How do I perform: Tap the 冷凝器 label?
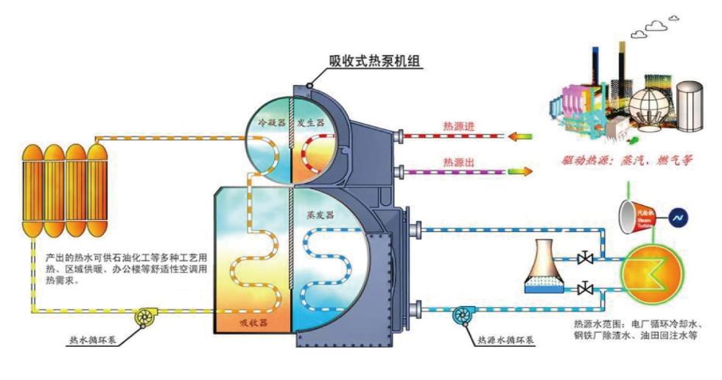(x=271, y=122)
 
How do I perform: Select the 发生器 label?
(x=312, y=122)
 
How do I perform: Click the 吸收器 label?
(x=253, y=322)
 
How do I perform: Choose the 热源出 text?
(x=458, y=160)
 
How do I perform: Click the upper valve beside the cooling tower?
(x=586, y=258)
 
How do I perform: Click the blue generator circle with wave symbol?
(x=676, y=218)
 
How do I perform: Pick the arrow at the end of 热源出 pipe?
(x=520, y=170)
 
